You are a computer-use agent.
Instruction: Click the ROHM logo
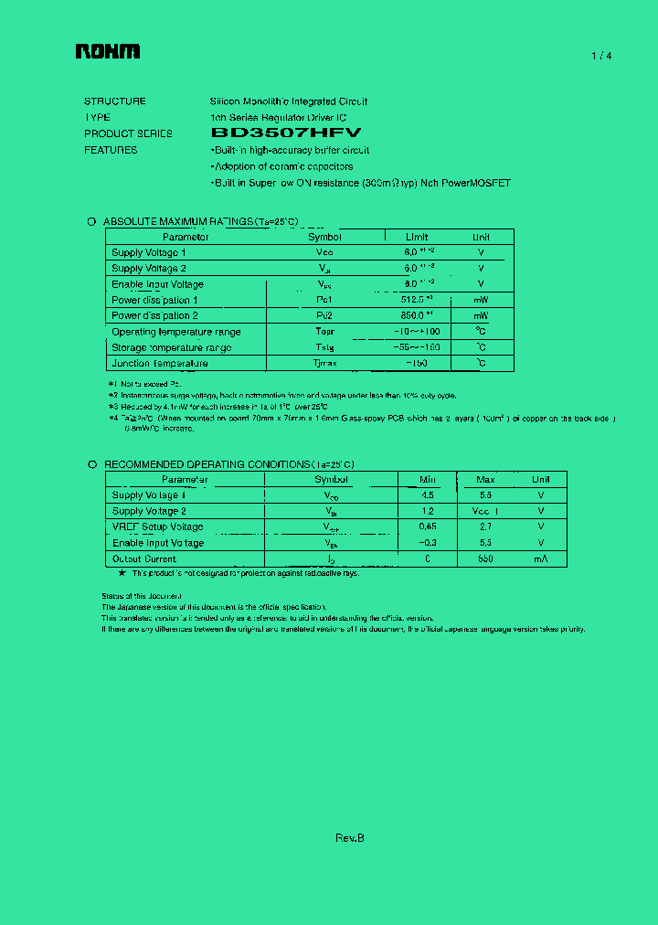point(108,53)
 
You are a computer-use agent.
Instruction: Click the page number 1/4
point(601,56)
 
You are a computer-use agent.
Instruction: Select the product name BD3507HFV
point(286,133)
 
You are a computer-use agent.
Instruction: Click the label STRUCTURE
point(114,101)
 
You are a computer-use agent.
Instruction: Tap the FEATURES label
point(111,150)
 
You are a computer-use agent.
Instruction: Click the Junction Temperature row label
point(159,363)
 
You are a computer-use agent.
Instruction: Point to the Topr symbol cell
point(324,331)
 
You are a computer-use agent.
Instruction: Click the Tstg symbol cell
point(324,347)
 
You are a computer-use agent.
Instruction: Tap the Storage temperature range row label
point(171,347)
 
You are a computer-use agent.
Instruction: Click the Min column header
point(428,479)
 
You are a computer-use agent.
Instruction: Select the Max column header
point(485,479)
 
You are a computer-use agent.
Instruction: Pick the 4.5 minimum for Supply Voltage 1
point(428,495)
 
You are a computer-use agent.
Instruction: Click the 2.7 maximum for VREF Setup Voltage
point(485,526)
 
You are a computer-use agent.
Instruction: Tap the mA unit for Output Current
point(541,558)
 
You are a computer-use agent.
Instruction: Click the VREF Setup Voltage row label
point(157,526)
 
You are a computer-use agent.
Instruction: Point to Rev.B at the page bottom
point(350,838)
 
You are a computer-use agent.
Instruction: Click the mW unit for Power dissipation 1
point(481,300)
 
